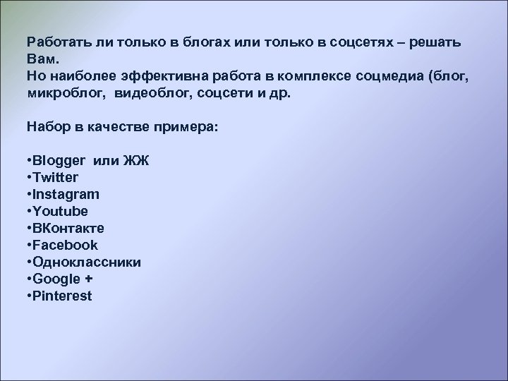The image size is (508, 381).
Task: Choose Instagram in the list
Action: pyautogui.click(x=66, y=194)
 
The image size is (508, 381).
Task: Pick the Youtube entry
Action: pyautogui.click(x=60, y=211)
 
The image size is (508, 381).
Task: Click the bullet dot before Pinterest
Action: pyautogui.click(x=29, y=296)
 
